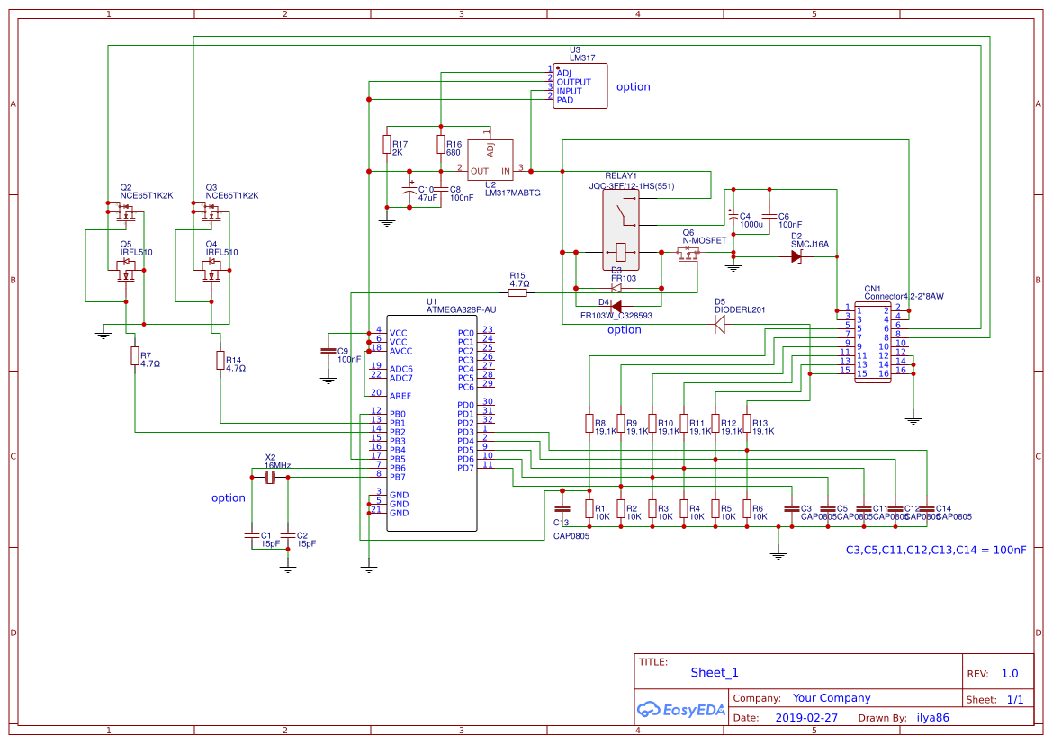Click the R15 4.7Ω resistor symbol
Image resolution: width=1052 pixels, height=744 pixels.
[x=518, y=292]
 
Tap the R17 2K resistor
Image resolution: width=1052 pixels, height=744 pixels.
[x=387, y=145]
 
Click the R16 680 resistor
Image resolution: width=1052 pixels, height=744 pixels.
[x=441, y=145]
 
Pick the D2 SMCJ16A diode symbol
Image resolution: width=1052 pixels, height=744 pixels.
[x=796, y=256]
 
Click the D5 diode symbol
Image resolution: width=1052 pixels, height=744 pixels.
[x=719, y=325]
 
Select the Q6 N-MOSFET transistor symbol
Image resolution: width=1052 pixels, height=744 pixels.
[x=688, y=255]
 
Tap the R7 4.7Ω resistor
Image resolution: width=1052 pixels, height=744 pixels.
[x=135, y=356]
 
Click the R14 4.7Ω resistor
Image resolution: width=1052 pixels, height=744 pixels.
[x=220, y=361]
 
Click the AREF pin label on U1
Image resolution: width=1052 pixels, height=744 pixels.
[x=400, y=396]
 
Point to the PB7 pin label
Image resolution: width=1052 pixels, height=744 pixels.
[x=398, y=477]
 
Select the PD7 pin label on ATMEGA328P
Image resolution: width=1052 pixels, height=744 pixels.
[x=465, y=468]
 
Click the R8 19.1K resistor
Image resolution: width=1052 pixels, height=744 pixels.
[x=589, y=423]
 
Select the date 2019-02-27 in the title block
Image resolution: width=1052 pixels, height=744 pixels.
[x=805, y=718]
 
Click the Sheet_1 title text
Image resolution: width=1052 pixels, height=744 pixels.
[x=715, y=672]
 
